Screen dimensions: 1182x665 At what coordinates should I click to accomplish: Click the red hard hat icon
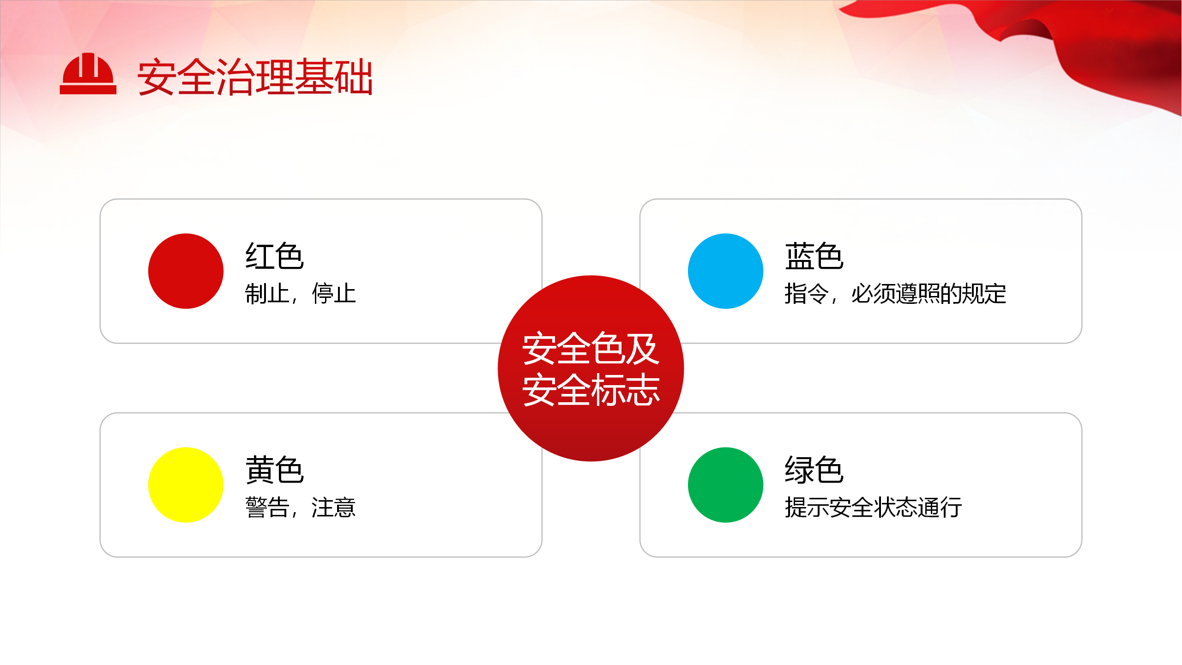[88, 74]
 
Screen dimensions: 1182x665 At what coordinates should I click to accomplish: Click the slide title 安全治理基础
[255, 77]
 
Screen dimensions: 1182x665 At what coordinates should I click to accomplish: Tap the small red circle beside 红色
[186, 271]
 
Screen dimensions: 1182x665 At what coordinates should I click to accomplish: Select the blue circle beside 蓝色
[725, 271]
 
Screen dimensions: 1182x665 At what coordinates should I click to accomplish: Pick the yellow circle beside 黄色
[186, 485]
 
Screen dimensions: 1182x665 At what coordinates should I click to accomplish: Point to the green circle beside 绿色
[725, 485]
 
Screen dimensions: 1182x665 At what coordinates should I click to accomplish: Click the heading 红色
[275, 256]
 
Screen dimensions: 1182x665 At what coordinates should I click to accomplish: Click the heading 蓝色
[814, 256]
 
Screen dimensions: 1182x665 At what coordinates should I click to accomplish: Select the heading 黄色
[275, 470]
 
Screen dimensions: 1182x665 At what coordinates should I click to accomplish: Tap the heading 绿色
[814, 470]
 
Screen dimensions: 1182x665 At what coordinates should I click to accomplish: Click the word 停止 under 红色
[334, 294]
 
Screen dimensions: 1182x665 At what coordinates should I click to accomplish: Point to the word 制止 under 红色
[267, 294]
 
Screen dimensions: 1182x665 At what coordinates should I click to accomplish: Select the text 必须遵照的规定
[929, 294]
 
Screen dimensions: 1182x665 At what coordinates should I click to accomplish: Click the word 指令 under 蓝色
[807, 294]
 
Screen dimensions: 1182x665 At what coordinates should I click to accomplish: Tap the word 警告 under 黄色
[267, 508]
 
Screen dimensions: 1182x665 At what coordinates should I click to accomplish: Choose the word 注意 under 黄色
[334, 508]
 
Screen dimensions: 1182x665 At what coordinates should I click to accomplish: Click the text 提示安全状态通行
[873, 508]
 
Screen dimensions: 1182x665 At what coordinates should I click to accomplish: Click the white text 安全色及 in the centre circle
[591, 348]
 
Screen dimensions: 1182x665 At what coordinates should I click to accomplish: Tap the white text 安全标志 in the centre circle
[591, 390]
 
